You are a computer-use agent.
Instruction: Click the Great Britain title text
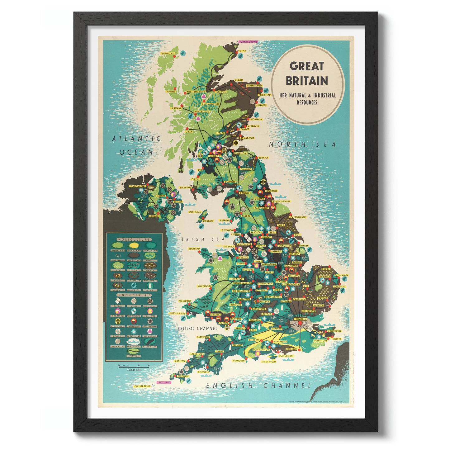[307, 73]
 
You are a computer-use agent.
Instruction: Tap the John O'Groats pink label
[248, 41]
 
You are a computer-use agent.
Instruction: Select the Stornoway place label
[168, 54]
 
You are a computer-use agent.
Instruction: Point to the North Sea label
[302, 144]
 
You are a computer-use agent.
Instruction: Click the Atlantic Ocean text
[136, 145]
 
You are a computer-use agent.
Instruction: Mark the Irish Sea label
[203, 239]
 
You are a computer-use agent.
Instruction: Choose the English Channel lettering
[258, 386]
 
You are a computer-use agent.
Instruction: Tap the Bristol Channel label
[197, 328]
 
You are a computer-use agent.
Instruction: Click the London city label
[301, 319]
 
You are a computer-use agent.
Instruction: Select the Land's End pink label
[164, 382]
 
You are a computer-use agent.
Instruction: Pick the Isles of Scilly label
[142, 386]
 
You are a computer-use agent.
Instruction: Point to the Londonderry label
[137, 186]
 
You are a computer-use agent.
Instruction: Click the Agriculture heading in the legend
[134, 239]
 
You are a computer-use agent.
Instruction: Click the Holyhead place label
[194, 249]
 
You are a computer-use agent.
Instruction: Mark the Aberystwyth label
[204, 286]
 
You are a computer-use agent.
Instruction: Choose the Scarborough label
[297, 217]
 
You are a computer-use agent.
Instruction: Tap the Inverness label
[221, 92]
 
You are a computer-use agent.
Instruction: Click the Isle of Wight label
[269, 362]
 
